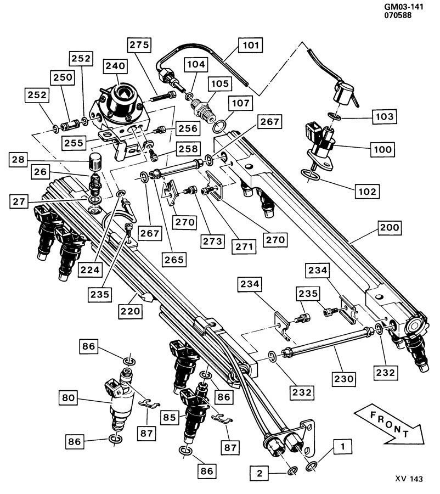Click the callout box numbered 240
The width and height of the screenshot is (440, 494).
click(x=116, y=67)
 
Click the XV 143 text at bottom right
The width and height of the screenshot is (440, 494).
click(x=409, y=479)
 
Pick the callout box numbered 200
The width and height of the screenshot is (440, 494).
click(x=387, y=227)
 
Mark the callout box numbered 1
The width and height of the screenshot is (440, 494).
click(x=342, y=447)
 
